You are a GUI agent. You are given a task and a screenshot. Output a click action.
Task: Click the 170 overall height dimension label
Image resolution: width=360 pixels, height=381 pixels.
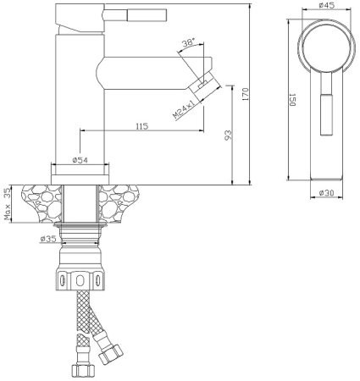(246, 94)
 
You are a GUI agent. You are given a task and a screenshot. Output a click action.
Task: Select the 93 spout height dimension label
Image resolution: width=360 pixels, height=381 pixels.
(228, 135)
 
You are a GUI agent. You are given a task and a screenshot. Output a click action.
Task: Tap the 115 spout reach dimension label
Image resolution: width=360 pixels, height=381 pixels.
(142, 126)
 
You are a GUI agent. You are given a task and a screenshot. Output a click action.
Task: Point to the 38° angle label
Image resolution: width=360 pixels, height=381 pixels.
(188, 43)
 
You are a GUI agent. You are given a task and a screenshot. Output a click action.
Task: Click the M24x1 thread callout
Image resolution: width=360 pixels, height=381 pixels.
(184, 108)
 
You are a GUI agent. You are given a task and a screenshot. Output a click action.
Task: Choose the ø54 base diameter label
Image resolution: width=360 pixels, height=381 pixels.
(80, 160)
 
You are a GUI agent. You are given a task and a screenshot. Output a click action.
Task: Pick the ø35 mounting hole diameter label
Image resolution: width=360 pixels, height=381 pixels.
(48, 239)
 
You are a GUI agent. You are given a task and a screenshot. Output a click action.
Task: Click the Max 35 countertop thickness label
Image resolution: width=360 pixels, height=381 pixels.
(8, 204)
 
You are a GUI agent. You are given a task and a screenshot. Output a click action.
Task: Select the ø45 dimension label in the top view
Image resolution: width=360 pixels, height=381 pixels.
(327, 5)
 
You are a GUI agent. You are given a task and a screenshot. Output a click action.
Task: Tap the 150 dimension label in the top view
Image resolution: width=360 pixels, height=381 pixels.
(292, 100)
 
